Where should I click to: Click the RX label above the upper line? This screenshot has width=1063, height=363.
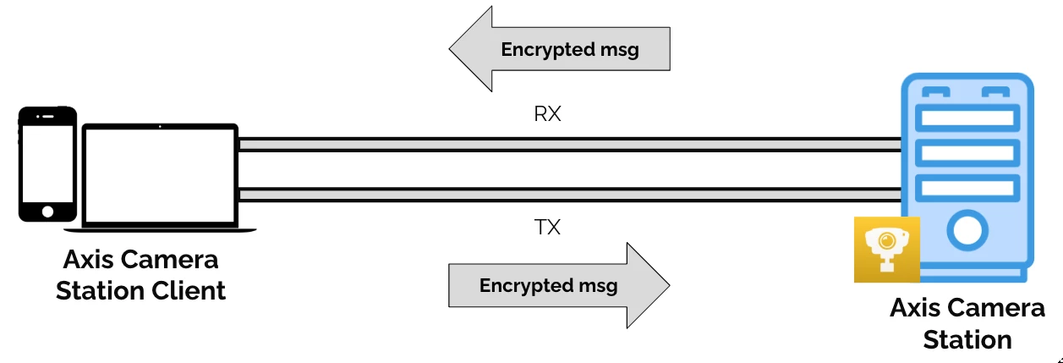pos(547,114)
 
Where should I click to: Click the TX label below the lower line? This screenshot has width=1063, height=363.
pos(547,227)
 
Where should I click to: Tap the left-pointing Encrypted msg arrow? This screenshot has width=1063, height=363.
pos(559,49)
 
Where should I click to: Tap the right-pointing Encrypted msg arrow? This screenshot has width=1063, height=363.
pos(559,285)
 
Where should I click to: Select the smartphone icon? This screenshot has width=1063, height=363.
pos(47,164)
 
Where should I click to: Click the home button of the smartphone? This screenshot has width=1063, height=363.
pos(47,211)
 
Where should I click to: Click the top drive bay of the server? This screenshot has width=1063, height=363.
pos(967,118)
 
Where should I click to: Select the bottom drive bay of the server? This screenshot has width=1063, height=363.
pos(967,187)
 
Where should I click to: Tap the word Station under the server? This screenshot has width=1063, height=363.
pos(967,339)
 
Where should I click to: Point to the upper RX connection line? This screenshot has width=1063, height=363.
pos(567,145)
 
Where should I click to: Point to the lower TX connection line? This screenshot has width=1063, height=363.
pos(567,195)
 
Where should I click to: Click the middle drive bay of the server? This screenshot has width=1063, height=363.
pos(967,152)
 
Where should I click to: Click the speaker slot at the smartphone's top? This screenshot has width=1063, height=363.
pos(48,116)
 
